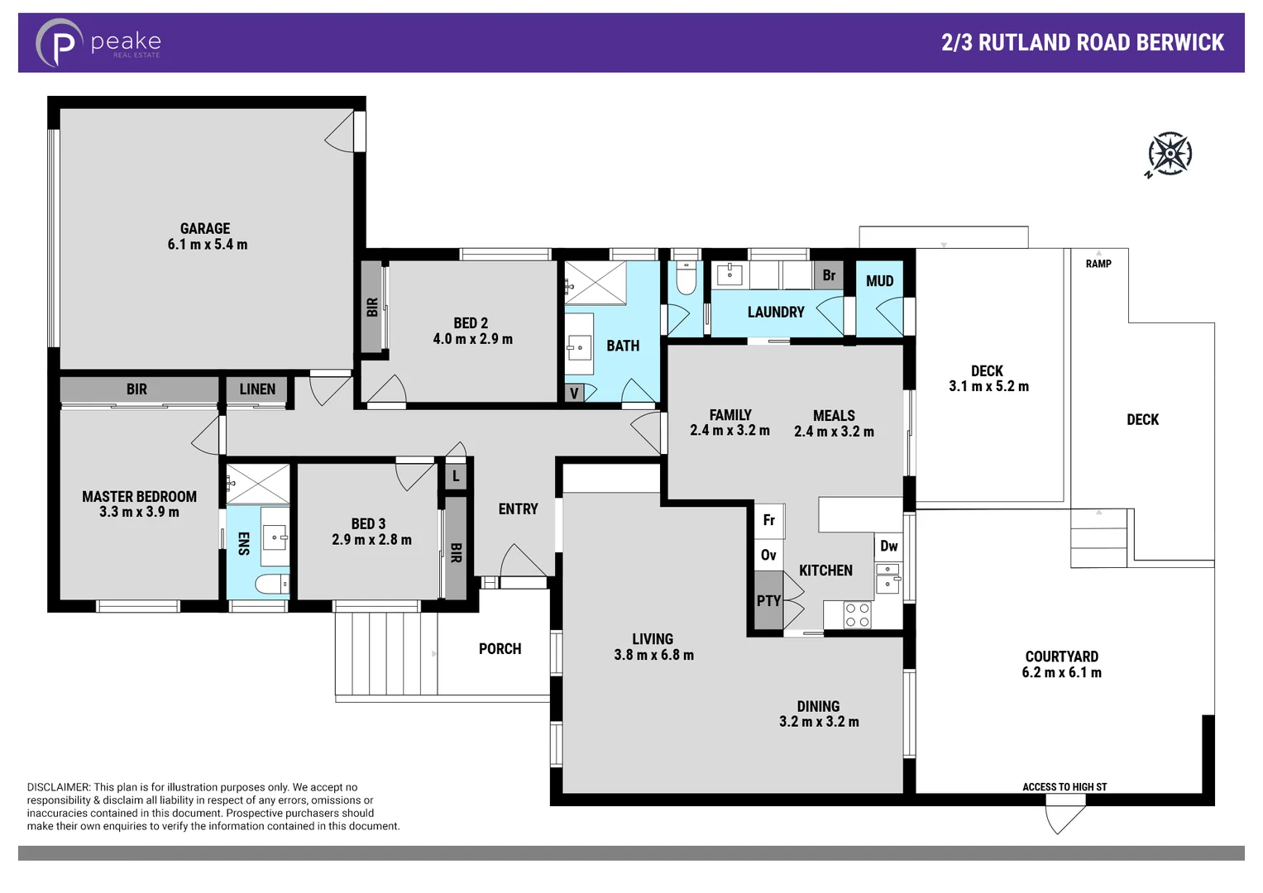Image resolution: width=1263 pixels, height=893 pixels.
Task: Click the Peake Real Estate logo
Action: (98, 43)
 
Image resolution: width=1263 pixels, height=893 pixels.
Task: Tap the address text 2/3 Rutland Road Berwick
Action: (1082, 43)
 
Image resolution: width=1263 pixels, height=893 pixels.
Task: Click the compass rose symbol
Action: (1170, 154)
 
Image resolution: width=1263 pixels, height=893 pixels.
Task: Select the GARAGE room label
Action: (205, 228)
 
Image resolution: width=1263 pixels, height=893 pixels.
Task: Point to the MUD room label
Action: (879, 281)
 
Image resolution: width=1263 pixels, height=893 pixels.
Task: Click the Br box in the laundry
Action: (829, 275)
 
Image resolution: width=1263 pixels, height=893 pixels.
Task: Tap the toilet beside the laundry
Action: (686, 279)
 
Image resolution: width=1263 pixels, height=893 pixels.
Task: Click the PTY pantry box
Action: (768, 601)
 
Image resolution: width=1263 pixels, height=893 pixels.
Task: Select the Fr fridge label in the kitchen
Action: (768, 520)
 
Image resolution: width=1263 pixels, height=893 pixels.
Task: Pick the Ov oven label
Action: (768, 555)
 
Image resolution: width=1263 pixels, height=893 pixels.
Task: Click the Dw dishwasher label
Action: (888, 546)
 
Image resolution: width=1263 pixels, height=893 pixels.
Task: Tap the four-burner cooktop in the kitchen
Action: (857, 615)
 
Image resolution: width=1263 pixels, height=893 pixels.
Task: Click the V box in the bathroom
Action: (574, 393)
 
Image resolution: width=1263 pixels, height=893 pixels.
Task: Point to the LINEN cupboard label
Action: (257, 389)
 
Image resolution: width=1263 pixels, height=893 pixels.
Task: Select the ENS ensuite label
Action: (243, 543)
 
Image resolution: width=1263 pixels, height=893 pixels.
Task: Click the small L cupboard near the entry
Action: (456, 476)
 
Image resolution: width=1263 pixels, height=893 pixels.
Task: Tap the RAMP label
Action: (1098, 264)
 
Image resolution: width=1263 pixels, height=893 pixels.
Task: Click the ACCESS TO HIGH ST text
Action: (1064, 787)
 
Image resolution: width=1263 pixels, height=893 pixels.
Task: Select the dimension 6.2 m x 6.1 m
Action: (1061, 672)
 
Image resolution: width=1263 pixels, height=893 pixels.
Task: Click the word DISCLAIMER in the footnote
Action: (58, 787)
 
